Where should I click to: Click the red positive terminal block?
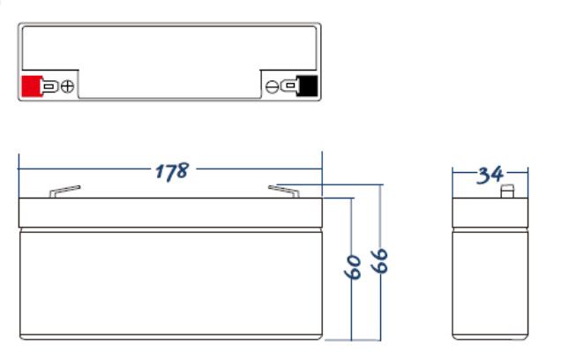(x=31, y=86)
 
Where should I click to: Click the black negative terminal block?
(x=308, y=86)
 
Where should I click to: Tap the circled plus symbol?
(x=66, y=86)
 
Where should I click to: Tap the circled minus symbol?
(x=273, y=86)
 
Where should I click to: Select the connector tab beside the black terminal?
(x=289, y=86)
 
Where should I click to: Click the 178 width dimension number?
(x=171, y=171)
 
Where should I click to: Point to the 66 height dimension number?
(x=381, y=261)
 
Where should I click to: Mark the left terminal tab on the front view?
(x=64, y=191)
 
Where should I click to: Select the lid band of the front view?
(x=171, y=213)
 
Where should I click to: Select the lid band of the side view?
(x=490, y=213)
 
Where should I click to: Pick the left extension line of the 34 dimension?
(x=453, y=181)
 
